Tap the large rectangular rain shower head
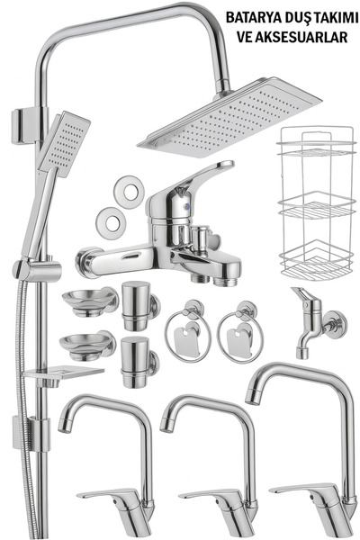229,118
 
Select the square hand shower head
64,144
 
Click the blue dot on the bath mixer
186,207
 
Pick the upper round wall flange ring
130,192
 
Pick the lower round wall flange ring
111,223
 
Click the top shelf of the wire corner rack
317,148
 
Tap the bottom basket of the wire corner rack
316,263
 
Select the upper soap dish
90,301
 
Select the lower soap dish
87,345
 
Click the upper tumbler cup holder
139,305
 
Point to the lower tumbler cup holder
139,362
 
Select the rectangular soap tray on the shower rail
64,373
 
